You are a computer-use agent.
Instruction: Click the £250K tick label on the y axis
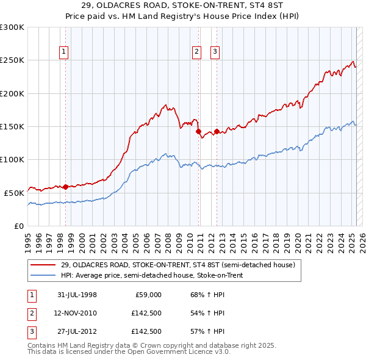click(12, 60)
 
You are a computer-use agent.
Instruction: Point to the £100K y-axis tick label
click(12, 159)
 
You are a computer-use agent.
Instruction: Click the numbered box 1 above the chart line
click(64, 52)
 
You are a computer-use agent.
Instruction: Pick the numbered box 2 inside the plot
click(197, 52)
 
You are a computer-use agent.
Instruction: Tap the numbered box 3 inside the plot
click(215, 52)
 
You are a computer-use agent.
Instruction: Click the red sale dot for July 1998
click(66, 187)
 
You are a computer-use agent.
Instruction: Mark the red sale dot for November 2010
click(198, 131)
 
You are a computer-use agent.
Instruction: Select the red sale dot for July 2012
click(217, 131)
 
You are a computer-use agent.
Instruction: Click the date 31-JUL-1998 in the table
click(77, 295)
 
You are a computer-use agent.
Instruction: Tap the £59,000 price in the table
click(148, 295)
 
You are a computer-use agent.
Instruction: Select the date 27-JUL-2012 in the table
click(77, 331)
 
